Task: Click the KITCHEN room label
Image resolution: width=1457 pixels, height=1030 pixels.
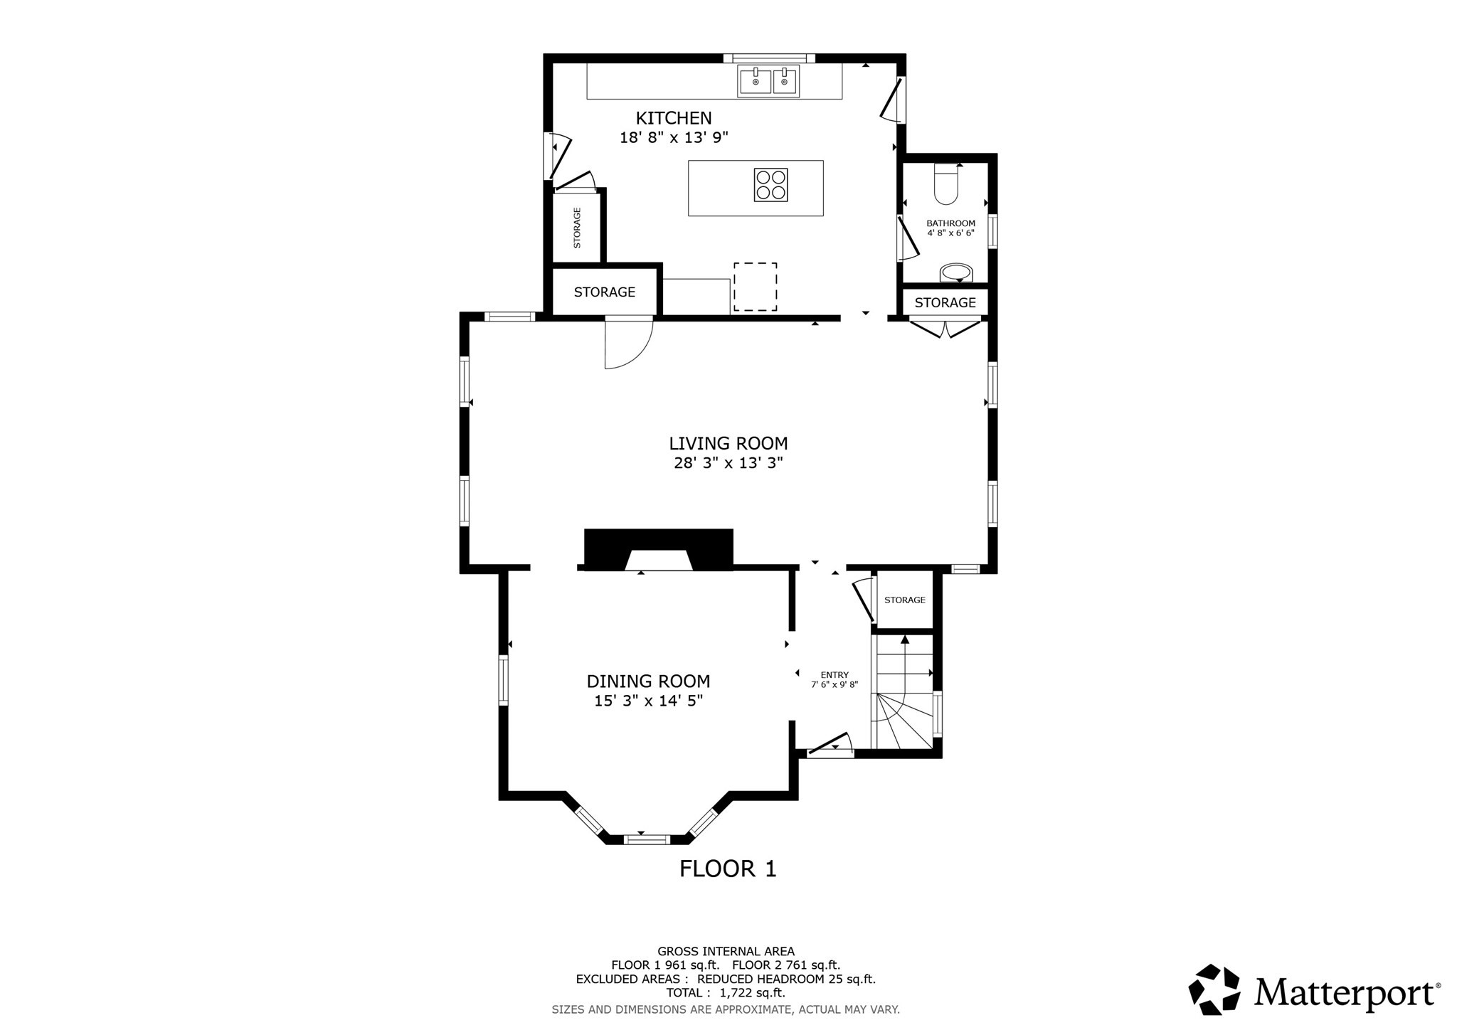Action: [673, 118]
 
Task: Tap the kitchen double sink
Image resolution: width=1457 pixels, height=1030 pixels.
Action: [768, 80]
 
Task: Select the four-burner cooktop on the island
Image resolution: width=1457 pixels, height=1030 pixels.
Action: [770, 185]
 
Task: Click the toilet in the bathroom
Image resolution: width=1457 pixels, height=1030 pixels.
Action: [946, 186]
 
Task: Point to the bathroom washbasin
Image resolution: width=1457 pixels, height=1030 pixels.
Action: [956, 272]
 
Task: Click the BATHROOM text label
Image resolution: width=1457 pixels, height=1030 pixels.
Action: [950, 223]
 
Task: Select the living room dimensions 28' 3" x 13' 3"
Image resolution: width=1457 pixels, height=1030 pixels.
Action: [728, 463]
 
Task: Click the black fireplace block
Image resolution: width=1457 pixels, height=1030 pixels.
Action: [658, 548]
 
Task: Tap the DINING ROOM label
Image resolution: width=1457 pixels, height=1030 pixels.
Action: [648, 681]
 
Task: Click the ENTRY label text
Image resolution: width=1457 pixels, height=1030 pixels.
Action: [835, 675]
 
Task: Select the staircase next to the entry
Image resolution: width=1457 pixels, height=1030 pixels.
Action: [903, 694]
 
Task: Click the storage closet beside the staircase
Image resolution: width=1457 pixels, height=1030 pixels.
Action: [904, 600]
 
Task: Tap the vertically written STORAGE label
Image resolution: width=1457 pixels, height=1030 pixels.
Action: [577, 228]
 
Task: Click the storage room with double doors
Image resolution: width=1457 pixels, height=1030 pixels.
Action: [945, 302]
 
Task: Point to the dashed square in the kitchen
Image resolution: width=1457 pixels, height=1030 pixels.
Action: [755, 287]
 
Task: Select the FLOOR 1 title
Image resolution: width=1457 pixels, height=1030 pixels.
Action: [727, 869]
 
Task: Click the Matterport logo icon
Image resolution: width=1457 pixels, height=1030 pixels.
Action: [1214, 989]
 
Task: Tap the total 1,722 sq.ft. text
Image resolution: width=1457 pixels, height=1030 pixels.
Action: [726, 992]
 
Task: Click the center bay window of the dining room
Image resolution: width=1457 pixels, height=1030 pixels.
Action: [647, 839]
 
